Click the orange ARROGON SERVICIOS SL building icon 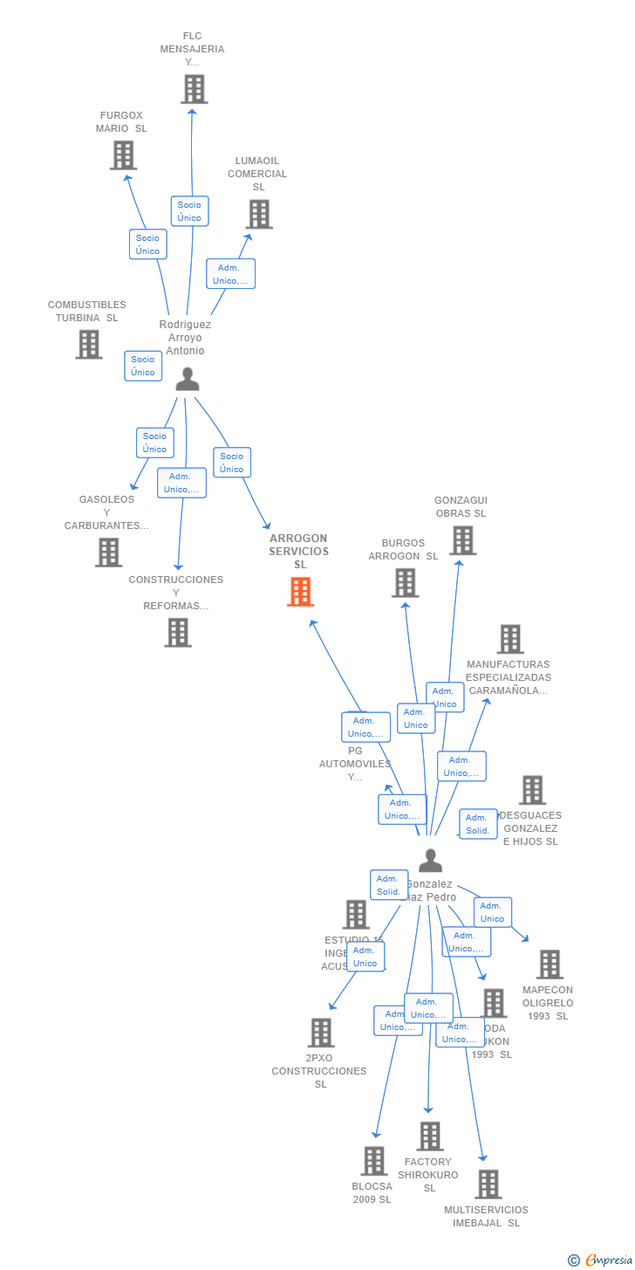pos(300,592)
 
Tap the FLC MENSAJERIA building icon pos(194,89)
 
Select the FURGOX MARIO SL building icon pos(123,155)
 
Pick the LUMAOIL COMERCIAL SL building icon pos(259,214)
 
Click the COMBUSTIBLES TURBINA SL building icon pos(88,344)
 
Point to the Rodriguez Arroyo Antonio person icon pos(188,379)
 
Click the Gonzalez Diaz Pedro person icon pos(430,861)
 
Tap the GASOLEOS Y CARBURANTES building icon pos(108,552)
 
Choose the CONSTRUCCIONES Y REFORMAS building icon pos(178,632)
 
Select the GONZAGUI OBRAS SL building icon pos(462,540)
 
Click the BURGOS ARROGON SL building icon pos(405,582)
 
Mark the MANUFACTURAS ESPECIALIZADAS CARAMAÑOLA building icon pos(510,639)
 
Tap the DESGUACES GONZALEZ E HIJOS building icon pos(532,790)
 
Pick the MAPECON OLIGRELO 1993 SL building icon pos(550,965)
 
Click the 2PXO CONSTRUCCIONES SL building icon pos(321,1033)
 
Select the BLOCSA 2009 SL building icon pos(374,1161)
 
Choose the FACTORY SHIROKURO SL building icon pos(429,1136)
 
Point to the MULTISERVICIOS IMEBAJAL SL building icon pos(488,1184)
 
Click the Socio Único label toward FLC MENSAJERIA pos(189,211)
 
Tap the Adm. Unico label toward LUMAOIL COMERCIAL pos(230,274)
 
